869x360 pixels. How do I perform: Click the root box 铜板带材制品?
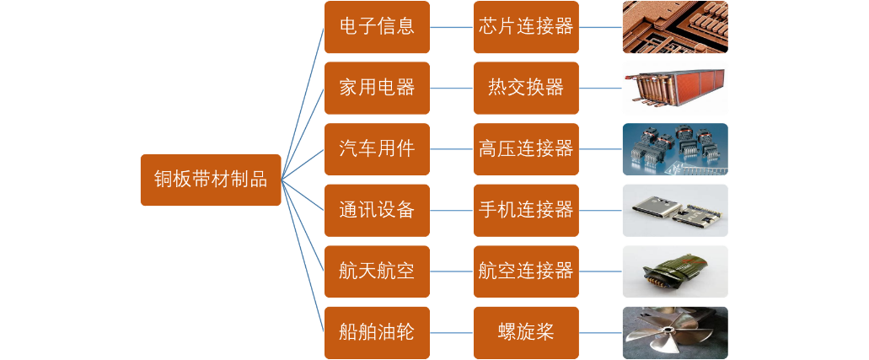point(210,180)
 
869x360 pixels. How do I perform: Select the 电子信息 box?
point(377,27)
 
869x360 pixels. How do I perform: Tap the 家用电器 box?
point(377,88)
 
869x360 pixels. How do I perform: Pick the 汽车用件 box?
point(377,149)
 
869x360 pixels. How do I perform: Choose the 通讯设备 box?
point(377,210)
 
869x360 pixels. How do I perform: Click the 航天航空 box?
point(377,271)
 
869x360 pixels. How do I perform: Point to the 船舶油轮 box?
point(377,332)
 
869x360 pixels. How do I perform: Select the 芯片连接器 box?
point(526,27)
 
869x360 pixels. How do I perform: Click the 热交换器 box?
point(526,88)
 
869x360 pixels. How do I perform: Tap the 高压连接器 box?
point(526,149)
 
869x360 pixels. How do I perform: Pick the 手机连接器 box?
point(526,210)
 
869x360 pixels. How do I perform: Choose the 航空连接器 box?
point(526,271)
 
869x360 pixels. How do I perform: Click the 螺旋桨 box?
point(526,332)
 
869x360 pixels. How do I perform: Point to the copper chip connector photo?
point(674,27)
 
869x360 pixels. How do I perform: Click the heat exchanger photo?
point(674,88)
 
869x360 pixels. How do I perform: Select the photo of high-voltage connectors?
point(674,149)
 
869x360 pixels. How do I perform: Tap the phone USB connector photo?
point(674,210)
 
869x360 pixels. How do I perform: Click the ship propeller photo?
point(674,332)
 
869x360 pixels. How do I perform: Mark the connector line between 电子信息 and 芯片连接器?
point(451,27)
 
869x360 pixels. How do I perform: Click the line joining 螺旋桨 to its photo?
point(600,332)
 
